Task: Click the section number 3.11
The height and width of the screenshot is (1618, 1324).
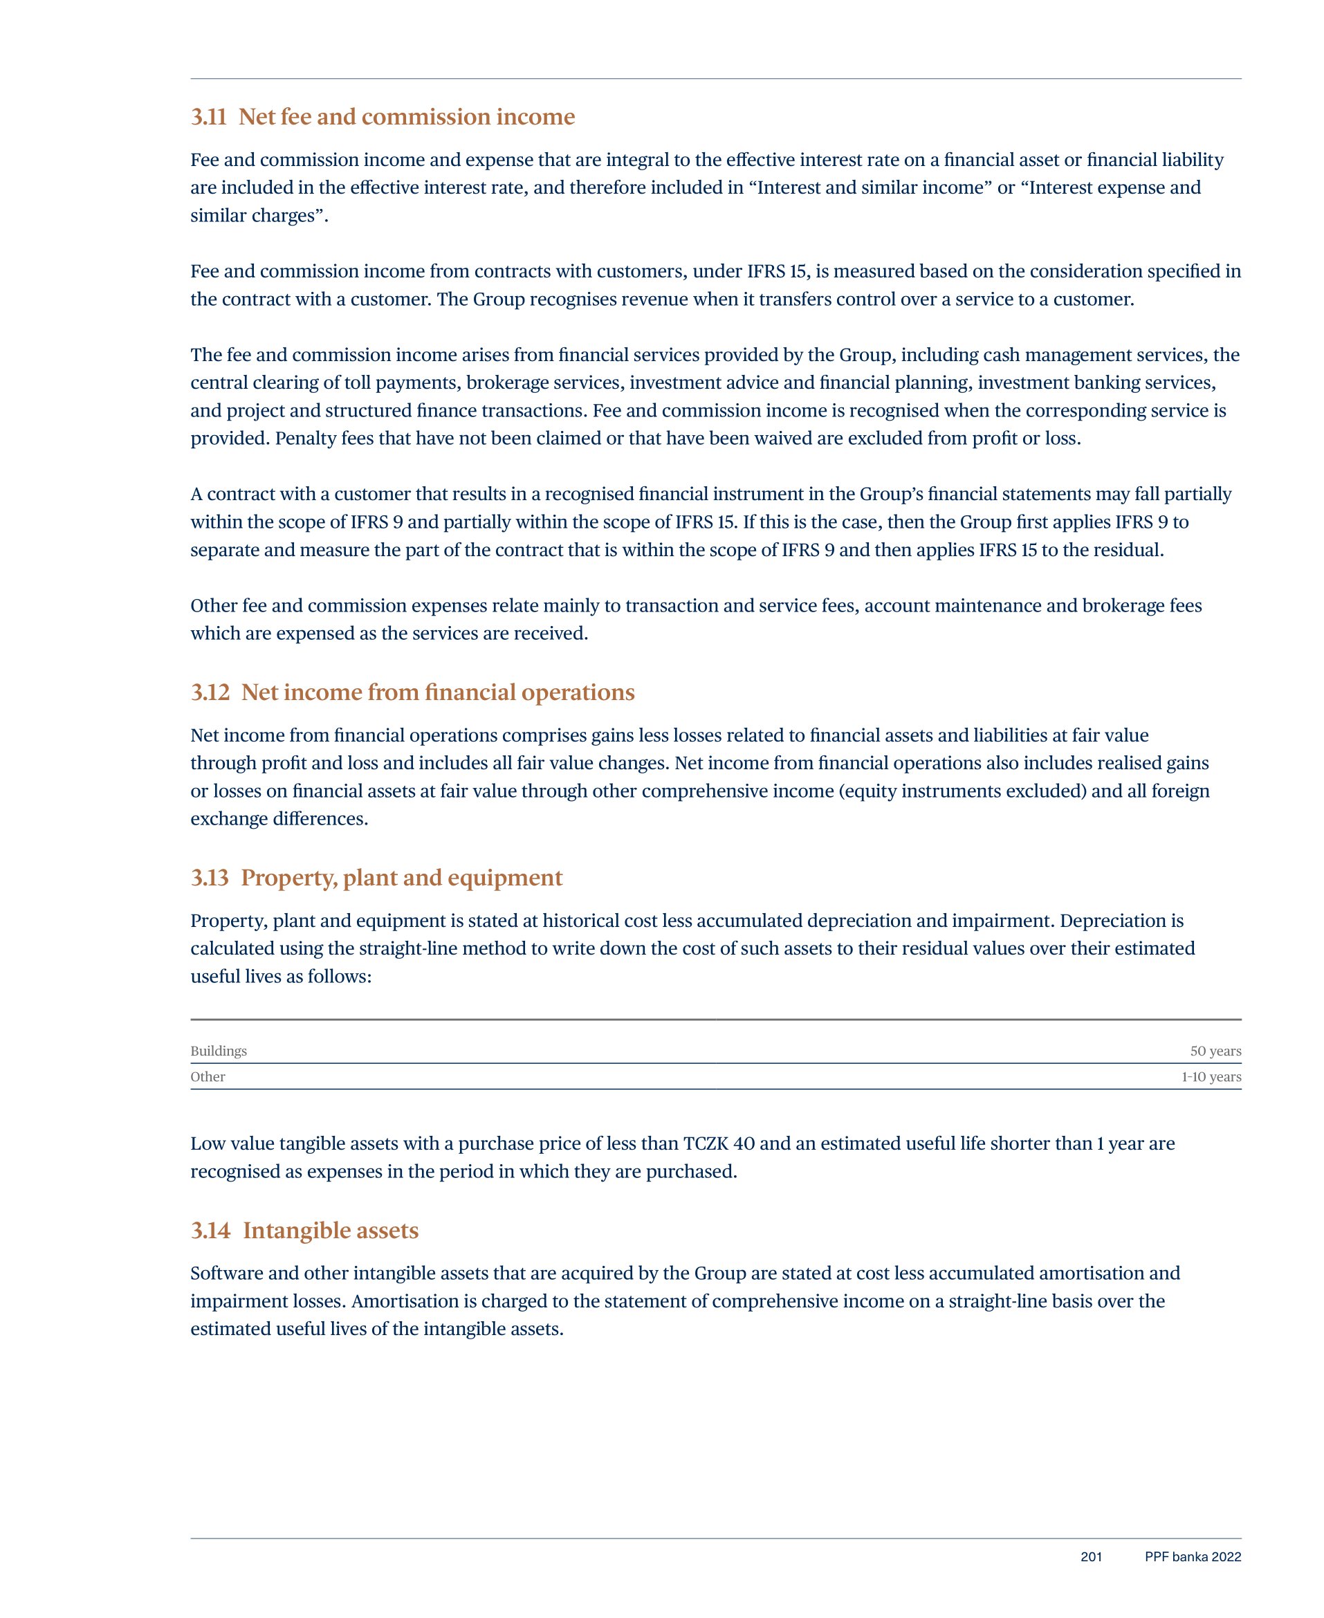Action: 208,117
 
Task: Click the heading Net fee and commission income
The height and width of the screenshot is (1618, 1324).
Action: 407,117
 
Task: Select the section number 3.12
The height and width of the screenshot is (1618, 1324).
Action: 210,692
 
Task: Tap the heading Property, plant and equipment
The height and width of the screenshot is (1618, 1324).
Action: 401,878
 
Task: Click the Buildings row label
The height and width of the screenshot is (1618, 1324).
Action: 219,1051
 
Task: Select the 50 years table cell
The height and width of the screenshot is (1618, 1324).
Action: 1215,1051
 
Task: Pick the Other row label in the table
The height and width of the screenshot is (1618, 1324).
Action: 208,1076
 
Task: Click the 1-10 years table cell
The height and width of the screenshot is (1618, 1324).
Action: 1211,1076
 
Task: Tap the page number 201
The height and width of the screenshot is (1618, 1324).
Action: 1091,1557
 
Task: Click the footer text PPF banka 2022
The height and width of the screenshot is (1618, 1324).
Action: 1192,1557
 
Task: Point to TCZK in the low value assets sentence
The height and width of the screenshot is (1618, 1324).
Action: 705,1143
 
